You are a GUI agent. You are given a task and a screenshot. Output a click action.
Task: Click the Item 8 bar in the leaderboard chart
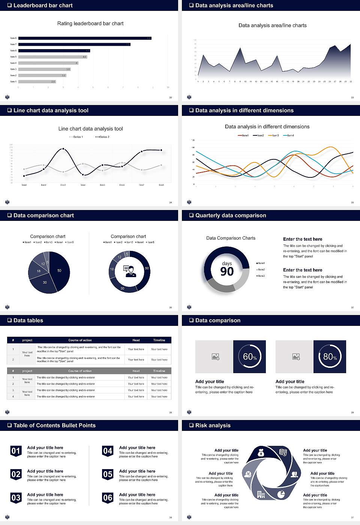[x=85, y=38]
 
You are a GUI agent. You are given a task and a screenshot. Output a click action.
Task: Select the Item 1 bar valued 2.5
[x=37, y=81]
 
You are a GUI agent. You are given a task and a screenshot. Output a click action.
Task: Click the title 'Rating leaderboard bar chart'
[x=90, y=24]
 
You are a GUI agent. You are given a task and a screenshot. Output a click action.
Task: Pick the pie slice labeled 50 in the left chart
[x=60, y=270]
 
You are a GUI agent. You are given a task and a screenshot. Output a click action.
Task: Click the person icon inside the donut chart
[x=130, y=271]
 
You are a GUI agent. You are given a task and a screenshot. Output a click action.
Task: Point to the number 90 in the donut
[x=227, y=271]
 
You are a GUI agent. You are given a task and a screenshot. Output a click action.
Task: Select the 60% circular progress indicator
[x=249, y=357]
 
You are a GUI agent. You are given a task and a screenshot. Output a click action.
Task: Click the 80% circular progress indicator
[x=330, y=357]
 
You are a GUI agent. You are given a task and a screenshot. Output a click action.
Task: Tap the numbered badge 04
[x=108, y=451]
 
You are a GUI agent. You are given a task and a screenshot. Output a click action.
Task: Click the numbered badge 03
[x=16, y=498]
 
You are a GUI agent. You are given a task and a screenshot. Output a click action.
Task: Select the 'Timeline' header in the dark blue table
[x=159, y=340]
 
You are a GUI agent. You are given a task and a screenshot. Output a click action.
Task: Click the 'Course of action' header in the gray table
[x=80, y=371]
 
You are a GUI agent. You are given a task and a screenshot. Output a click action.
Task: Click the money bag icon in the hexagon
[x=261, y=453]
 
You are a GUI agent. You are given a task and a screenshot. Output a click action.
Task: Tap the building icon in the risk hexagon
[x=261, y=494]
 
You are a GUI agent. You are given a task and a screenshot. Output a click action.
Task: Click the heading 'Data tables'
[x=28, y=321]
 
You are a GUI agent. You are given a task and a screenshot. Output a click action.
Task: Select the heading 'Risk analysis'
[x=213, y=426]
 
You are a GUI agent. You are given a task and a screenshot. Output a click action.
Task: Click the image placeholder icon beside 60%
[x=215, y=357]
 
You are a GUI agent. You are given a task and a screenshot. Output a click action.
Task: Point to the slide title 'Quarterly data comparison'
[x=231, y=216]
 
